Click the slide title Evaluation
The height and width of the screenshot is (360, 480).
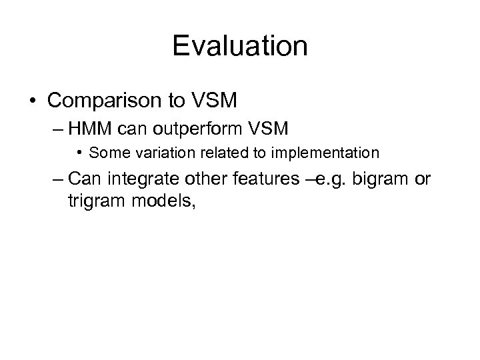(x=240, y=47)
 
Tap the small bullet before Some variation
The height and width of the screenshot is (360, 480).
(x=80, y=153)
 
